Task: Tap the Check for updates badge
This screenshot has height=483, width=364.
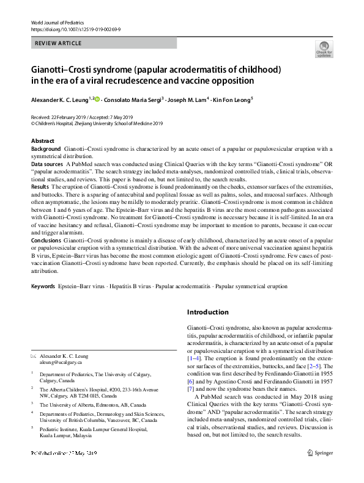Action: coord(323,49)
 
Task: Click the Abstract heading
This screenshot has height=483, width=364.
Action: coord(43,141)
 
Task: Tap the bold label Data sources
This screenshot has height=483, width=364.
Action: coord(46,165)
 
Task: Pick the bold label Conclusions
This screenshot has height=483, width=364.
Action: coord(46,241)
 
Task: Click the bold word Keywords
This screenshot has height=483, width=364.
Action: coord(43,286)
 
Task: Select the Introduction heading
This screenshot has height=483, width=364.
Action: coord(207,312)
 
